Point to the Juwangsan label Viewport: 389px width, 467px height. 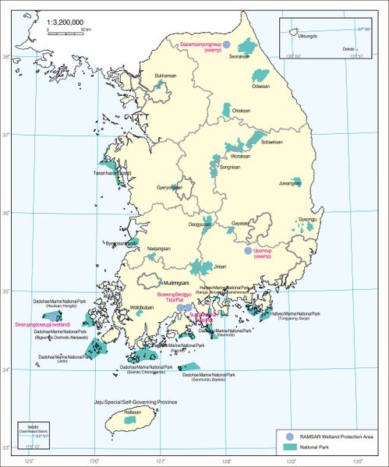click(x=289, y=183)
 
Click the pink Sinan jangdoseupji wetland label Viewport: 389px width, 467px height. click(x=38, y=323)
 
